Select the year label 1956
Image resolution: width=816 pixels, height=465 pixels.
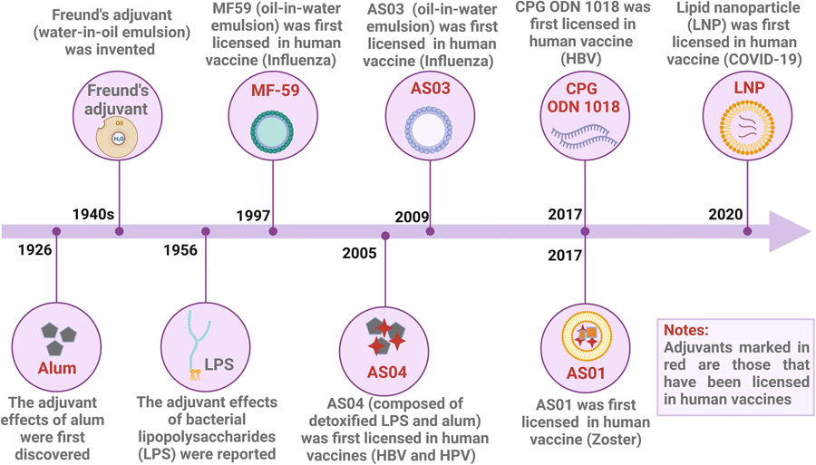180,251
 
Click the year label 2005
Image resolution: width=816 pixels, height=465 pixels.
360,252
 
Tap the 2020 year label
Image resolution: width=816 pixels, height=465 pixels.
725,215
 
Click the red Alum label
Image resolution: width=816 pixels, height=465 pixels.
57,369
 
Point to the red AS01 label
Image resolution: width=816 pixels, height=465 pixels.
586,373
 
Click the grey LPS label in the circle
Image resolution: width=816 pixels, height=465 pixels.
219,364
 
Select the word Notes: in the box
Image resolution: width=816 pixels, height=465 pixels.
686,330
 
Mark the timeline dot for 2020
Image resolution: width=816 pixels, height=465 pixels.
747,231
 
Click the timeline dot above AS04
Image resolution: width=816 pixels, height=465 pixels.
385,235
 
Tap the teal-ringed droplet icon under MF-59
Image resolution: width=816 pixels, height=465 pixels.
271,132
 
